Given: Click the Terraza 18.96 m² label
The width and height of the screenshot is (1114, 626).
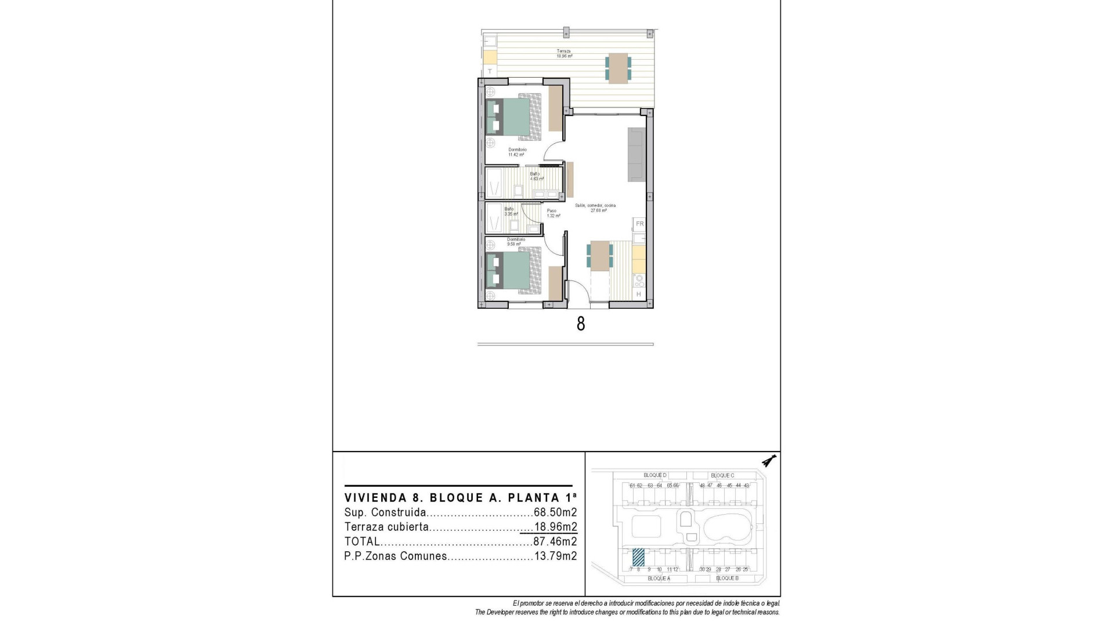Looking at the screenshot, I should click(565, 54).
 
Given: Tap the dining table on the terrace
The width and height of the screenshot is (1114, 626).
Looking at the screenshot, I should click(618, 67).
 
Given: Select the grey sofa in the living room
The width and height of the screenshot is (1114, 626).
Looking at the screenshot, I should click(636, 154).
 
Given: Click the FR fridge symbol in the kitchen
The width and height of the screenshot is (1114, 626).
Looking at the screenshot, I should click(639, 224).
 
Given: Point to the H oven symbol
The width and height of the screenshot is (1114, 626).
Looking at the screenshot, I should click(639, 294).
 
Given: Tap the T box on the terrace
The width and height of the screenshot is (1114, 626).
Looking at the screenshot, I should click(490, 71).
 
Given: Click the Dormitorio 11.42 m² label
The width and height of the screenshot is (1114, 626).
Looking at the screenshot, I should click(516, 152).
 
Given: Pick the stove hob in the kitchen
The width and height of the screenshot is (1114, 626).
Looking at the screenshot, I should click(639, 281).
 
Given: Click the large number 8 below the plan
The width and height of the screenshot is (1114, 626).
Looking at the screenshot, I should click(581, 323).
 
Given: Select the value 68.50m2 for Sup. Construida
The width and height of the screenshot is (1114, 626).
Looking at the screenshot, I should click(555, 512).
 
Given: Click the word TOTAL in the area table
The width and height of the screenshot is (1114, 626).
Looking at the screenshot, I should click(362, 541).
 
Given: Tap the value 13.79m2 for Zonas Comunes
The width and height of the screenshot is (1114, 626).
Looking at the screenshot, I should click(555, 556).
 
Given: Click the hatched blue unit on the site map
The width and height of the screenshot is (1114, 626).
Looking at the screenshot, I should click(638, 557).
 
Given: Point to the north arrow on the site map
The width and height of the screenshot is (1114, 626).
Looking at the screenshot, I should click(769, 461).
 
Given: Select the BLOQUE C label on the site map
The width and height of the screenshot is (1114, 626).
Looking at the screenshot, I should click(722, 475).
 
